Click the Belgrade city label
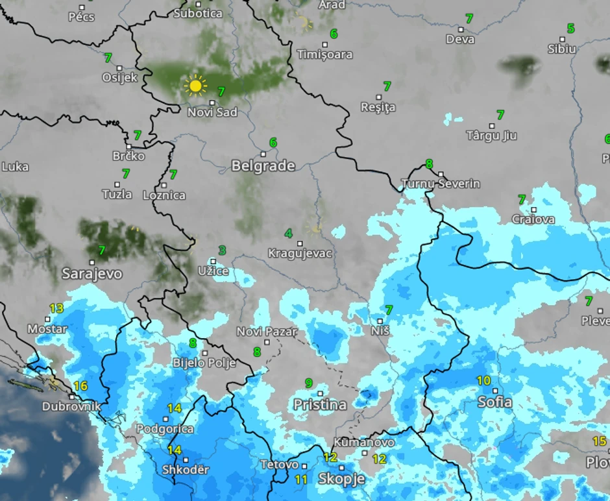click(263, 166)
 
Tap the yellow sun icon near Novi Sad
click(195, 86)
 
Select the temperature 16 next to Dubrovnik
click(80, 385)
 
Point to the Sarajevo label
click(91, 274)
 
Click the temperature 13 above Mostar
click(56, 308)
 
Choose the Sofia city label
click(494, 402)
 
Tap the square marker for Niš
click(380, 321)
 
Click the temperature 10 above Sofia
click(483, 380)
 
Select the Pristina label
click(319, 405)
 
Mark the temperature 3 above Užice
click(222, 250)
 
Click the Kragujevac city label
click(300, 254)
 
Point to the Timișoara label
click(324, 55)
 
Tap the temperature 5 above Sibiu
click(570, 29)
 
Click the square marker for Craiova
click(533, 210)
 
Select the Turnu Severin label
click(441, 184)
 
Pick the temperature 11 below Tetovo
click(300, 480)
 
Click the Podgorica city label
click(165, 429)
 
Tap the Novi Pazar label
click(266, 332)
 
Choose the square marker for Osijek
click(119, 67)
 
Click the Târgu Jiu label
click(491, 136)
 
